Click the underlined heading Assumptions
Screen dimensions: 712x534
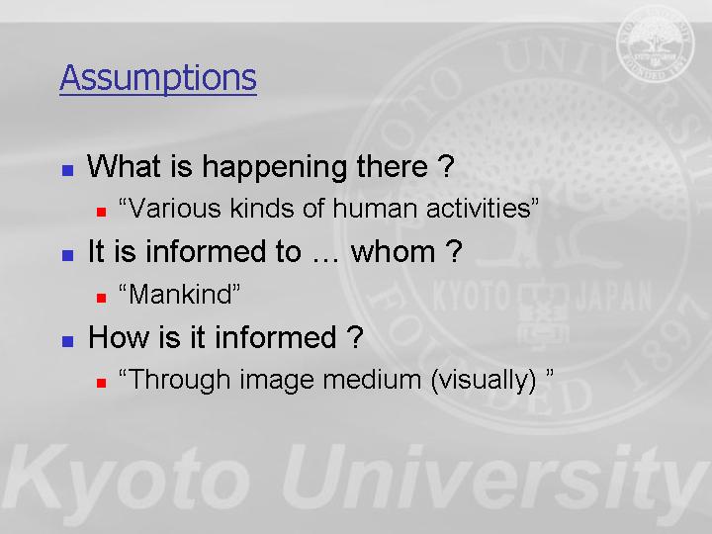click(x=158, y=78)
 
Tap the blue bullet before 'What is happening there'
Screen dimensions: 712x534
click(x=67, y=170)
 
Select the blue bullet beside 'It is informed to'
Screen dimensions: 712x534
click(x=67, y=255)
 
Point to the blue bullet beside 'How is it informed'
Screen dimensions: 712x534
click(x=67, y=341)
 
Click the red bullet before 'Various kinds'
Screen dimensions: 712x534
click(x=101, y=212)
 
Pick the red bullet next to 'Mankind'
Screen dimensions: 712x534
click(x=101, y=298)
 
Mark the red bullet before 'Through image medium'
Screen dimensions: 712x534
click(x=101, y=383)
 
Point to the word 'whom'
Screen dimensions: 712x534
click(x=394, y=251)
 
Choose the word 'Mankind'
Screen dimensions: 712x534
click(x=180, y=295)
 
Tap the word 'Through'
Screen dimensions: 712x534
click(x=179, y=381)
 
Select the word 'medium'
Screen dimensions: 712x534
click(x=372, y=380)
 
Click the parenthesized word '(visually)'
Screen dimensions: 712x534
click(x=484, y=381)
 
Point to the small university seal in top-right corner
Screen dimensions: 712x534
click(x=656, y=44)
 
